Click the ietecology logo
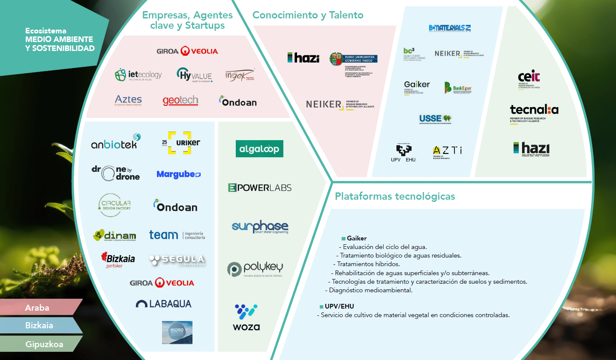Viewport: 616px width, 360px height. click(x=138, y=75)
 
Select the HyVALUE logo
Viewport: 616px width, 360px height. click(x=194, y=75)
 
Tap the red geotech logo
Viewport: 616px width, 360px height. click(x=180, y=101)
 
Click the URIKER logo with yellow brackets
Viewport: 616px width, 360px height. click(x=183, y=143)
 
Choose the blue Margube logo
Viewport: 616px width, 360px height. click(x=178, y=174)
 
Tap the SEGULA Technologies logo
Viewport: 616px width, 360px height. click(x=177, y=260)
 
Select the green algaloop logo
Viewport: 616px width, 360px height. click(x=259, y=149)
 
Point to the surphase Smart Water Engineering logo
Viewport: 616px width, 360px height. click(x=260, y=227)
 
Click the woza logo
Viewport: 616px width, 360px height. click(x=246, y=317)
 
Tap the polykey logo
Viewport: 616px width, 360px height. click(x=255, y=269)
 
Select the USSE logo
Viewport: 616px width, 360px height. click(x=435, y=119)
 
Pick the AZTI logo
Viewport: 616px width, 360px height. click(x=447, y=151)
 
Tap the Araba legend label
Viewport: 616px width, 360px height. click(x=37, y=308)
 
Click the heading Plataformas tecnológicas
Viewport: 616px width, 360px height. click(x=395, y=197)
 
